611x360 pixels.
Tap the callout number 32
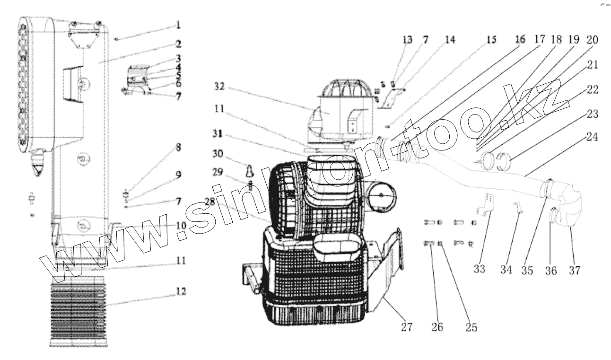click(x=219, y=87)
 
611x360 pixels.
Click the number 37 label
click(x=575, y=271)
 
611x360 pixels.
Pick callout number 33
click(x=479, y=270)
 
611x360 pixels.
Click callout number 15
click(x=491, y=40)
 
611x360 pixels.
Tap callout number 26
click(x=437, y=326)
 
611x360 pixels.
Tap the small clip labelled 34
click(x=518, y=208)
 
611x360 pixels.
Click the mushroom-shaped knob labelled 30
click(x=249, y=169)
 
